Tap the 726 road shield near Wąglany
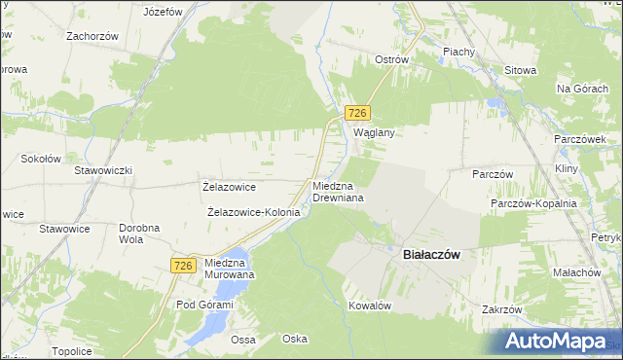click(357, 114)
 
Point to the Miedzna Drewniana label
click(338, 191)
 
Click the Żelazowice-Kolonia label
click(253, 211)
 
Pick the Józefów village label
click(163, 13)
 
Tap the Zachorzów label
click(92, 36)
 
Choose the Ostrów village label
click(392, 59)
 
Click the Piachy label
click(458, 52)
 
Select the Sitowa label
click(521, 70)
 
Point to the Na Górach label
click(581, 89)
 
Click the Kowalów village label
click(370, 306)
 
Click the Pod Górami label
click(204, 305)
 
